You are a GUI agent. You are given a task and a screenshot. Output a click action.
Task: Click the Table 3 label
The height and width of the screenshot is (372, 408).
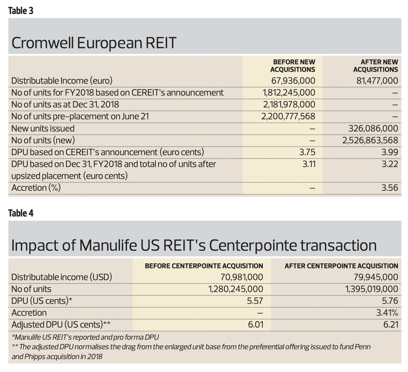pyautogui.click(x=21, y=11)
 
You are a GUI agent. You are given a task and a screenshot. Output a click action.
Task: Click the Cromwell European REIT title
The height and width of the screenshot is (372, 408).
pyautogui.click(x=94, y=43)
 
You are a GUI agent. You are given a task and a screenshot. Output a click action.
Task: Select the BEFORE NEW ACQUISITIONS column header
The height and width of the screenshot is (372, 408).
pyautogui.click(x=293, y=66)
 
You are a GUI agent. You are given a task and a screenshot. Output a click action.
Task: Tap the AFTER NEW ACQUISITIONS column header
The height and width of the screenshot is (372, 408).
pyautogui.click(x=376, y=66)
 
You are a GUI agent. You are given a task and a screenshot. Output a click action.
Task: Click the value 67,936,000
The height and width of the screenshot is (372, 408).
pyautogui.click(x=293, y=81)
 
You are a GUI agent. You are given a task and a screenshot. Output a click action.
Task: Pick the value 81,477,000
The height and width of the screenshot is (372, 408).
pyautogui.click(x=377, y=81)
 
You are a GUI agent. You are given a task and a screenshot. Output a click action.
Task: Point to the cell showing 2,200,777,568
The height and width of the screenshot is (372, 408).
pyautogui.click(x=288, y=116)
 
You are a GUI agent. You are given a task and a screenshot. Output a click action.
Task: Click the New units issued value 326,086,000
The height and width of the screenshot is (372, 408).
pyautogui.click(x=373, y=128)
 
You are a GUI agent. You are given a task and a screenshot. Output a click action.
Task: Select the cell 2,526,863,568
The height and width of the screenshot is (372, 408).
pyautogui.click(x=370, y=140)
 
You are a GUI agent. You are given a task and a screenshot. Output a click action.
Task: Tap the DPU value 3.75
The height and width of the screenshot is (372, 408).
pyautogui.click(x=307, y=152)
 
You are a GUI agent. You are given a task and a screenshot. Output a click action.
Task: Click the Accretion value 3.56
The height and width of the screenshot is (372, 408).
pyautogui.click(x=389, y=188)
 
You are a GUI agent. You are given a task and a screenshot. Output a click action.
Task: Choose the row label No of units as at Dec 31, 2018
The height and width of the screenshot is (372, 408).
pyautogui.click(x=65, y=104)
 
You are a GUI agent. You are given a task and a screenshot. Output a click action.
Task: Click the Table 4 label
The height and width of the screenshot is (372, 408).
pyautogui.click(x=21, y=213)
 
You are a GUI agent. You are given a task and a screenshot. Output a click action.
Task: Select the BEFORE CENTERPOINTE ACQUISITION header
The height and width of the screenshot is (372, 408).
pyautogui.click(x=204, y=266)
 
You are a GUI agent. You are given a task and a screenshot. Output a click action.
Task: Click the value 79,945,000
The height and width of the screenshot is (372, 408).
pyautogui.click(x=376, y=277)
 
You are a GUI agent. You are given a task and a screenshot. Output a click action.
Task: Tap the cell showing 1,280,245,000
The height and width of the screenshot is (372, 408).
pyautogui.click(x=236, y=289)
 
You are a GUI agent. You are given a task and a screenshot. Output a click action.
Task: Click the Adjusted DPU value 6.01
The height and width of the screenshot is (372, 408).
pyautogui.click(x=256, y=325)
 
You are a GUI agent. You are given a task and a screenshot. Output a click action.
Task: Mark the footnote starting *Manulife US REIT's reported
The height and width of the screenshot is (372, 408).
pyautogui.click(x=85, y=337)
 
